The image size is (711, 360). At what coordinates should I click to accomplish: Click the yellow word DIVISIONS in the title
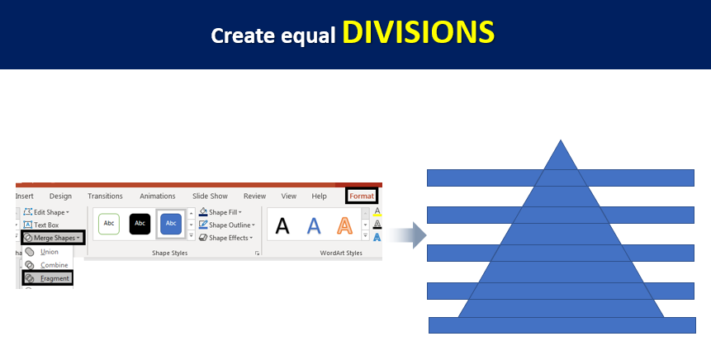pos(418,32)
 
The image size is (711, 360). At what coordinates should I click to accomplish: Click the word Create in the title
pos(243,36)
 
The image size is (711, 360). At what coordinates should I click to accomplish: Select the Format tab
pos(362,196)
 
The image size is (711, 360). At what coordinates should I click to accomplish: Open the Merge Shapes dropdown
pos(53,238)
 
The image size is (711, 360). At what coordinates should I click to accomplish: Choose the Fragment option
pos(47,278)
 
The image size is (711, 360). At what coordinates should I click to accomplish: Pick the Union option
pos(43,252)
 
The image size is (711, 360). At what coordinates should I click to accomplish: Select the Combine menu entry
pos(47,265)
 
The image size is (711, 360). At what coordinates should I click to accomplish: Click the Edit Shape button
pos(46,212)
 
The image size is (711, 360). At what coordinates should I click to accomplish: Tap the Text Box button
pos(41,225)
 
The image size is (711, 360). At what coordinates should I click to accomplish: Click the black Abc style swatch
pos(140,224)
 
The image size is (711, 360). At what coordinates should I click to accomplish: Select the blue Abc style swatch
pos(171,224)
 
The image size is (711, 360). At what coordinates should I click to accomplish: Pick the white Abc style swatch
pos(109,224)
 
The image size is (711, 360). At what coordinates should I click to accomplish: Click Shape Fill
pos(220,212)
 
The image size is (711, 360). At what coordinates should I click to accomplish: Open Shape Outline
pos(227,225)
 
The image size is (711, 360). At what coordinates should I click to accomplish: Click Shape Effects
pos(225,238)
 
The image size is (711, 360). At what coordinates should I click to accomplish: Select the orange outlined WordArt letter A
pos(344,225)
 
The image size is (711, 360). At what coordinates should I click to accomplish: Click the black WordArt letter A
pos(282,225)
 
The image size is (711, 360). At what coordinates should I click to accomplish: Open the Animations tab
pos(158,196)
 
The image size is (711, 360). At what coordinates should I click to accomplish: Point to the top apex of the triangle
pos(561,140)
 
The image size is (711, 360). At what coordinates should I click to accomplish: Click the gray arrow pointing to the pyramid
pos(407,235)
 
